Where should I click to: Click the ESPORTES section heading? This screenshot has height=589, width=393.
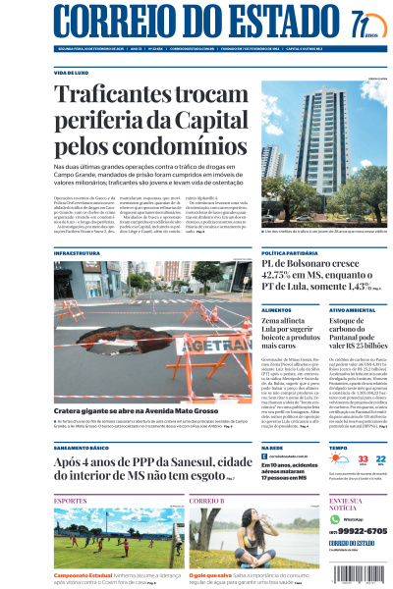click(x=70, y=501)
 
